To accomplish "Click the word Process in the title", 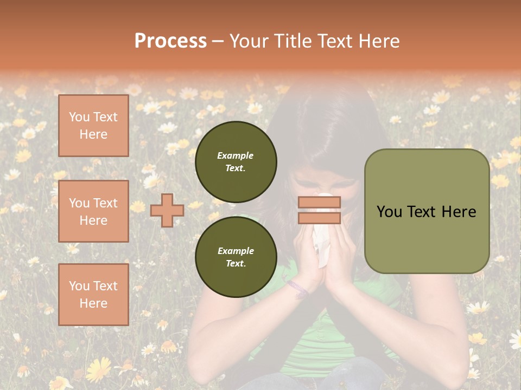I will pos(170,41).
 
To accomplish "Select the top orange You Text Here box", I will pos(93,126).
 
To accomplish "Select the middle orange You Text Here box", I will pos(93,211).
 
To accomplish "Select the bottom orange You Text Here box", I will pos(93,295).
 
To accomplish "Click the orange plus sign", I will pos(167,210).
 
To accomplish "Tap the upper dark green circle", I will pos(236,162).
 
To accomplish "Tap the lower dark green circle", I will pos(236,257).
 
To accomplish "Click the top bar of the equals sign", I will pos(319,202).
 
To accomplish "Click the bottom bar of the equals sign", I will pos(319,218).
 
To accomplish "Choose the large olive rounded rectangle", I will pos(427,211).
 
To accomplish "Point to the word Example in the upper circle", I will pos(236,155).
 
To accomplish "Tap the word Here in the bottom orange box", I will pos(93,303).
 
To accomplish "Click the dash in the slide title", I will pos(218,41).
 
